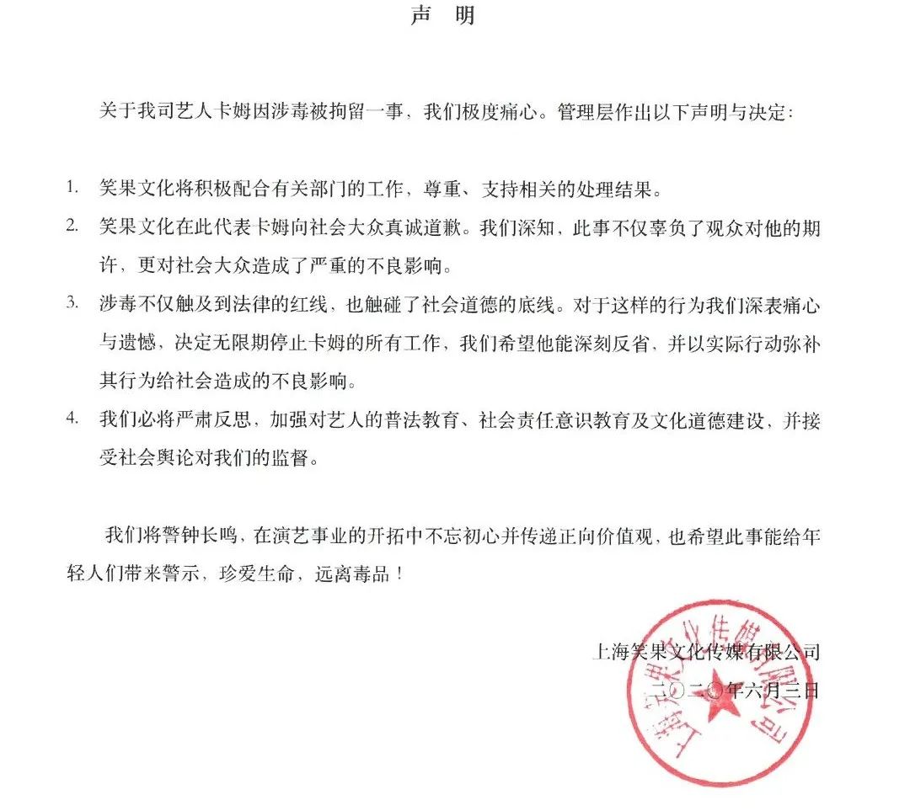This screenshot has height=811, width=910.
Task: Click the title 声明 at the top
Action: click(442, 17)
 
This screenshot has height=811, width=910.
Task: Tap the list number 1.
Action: click(72, 185)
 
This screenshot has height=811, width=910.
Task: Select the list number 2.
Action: click(73, 225)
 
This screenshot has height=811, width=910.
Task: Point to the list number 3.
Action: click(73, 303)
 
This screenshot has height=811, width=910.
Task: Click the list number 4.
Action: click(73, 418)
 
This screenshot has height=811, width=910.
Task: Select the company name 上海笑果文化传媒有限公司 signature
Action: click(706, 651)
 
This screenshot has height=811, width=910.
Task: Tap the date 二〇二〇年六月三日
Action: click(723, 691)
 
